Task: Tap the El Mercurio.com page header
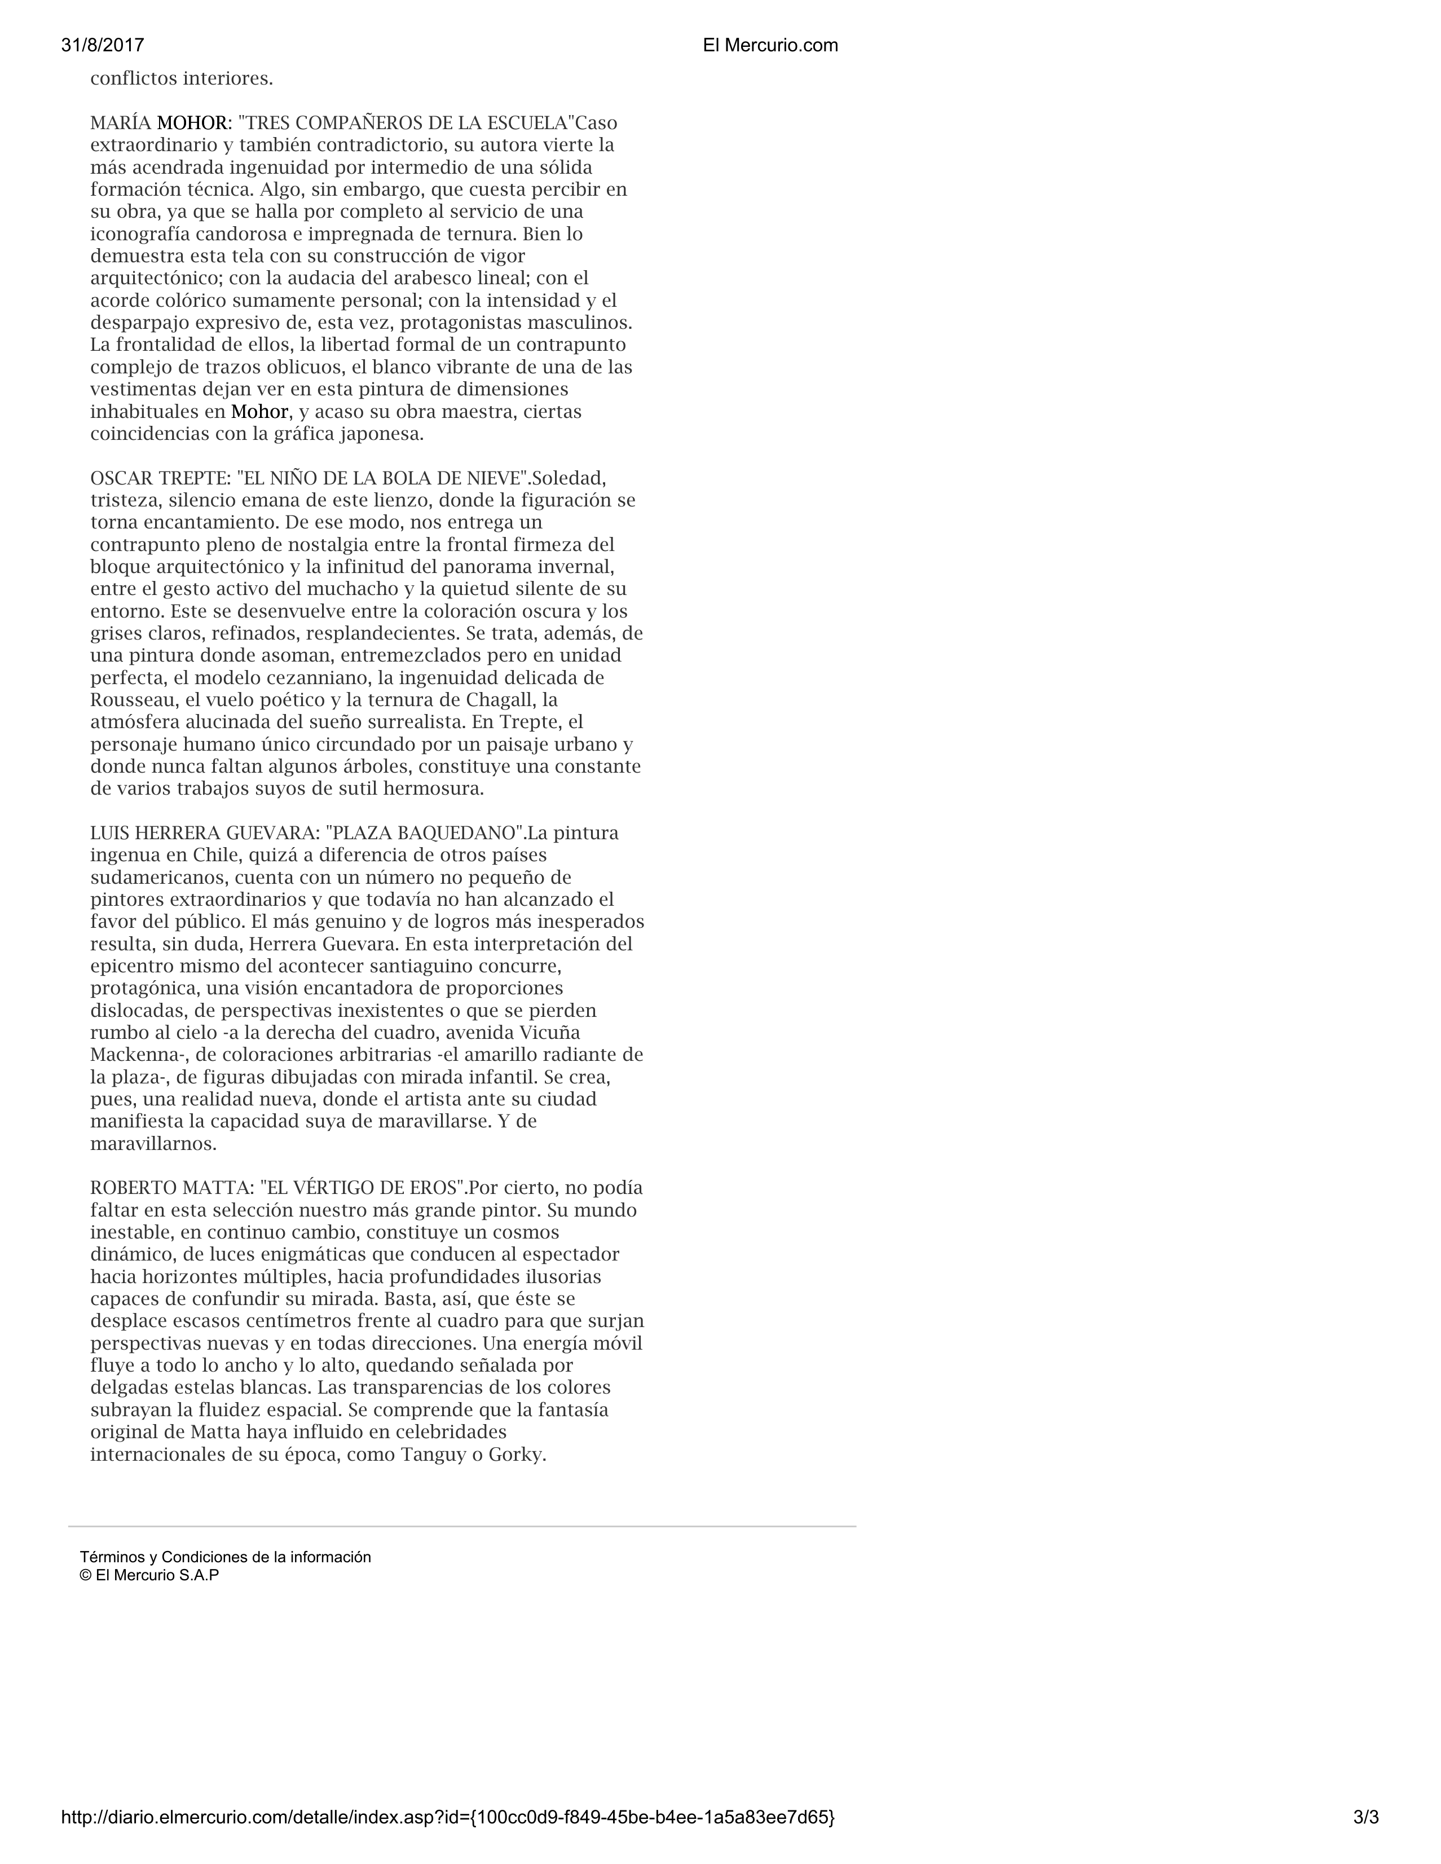770,46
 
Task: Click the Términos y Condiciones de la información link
226,1557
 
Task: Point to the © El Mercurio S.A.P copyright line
149,1576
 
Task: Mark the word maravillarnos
153,1144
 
